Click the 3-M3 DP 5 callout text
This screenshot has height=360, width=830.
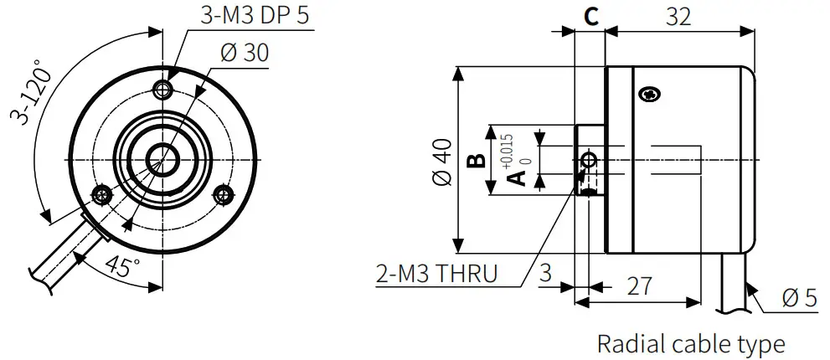point(255,16)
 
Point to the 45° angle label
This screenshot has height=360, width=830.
point(123,267)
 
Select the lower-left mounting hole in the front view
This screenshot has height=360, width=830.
point(102,195)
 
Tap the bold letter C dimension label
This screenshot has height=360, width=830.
point(590,17)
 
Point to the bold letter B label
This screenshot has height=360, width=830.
point(475,160)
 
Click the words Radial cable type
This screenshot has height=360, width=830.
point(691,343)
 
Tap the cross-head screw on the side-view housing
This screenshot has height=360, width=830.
point(649,95)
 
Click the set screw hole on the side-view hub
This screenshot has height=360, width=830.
point(590,159)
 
